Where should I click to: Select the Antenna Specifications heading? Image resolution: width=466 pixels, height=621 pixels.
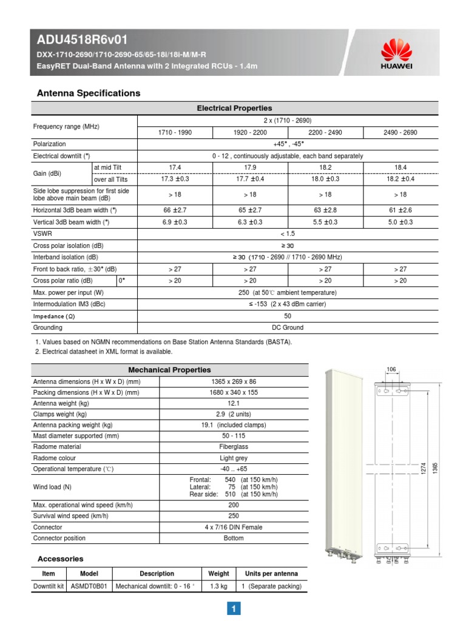click(x=89, y=93)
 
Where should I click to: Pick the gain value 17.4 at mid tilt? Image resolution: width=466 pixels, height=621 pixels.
click(x=175, y=167)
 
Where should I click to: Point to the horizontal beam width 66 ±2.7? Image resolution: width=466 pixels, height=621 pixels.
click(x=175, y=209)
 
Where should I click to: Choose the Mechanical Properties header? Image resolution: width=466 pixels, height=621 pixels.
click(x=169, y=369)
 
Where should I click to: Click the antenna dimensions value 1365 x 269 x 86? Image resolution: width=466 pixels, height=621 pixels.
click(x=234, y=381)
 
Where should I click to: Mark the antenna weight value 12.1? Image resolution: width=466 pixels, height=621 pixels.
click(x=234, y=403)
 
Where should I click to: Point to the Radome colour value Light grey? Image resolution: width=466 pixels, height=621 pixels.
click(x=234, y=458)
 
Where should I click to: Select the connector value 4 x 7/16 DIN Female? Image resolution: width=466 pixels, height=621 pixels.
click(x=234, y=527)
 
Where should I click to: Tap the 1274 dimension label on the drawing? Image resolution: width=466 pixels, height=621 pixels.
click(x=424, y=468)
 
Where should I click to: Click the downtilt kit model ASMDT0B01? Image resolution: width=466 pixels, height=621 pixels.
click(x=89, y=586)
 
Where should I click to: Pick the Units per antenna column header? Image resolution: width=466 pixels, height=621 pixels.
click(x=272, y=574)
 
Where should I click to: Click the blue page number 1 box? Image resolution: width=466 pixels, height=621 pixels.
click(x=234, y=608)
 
